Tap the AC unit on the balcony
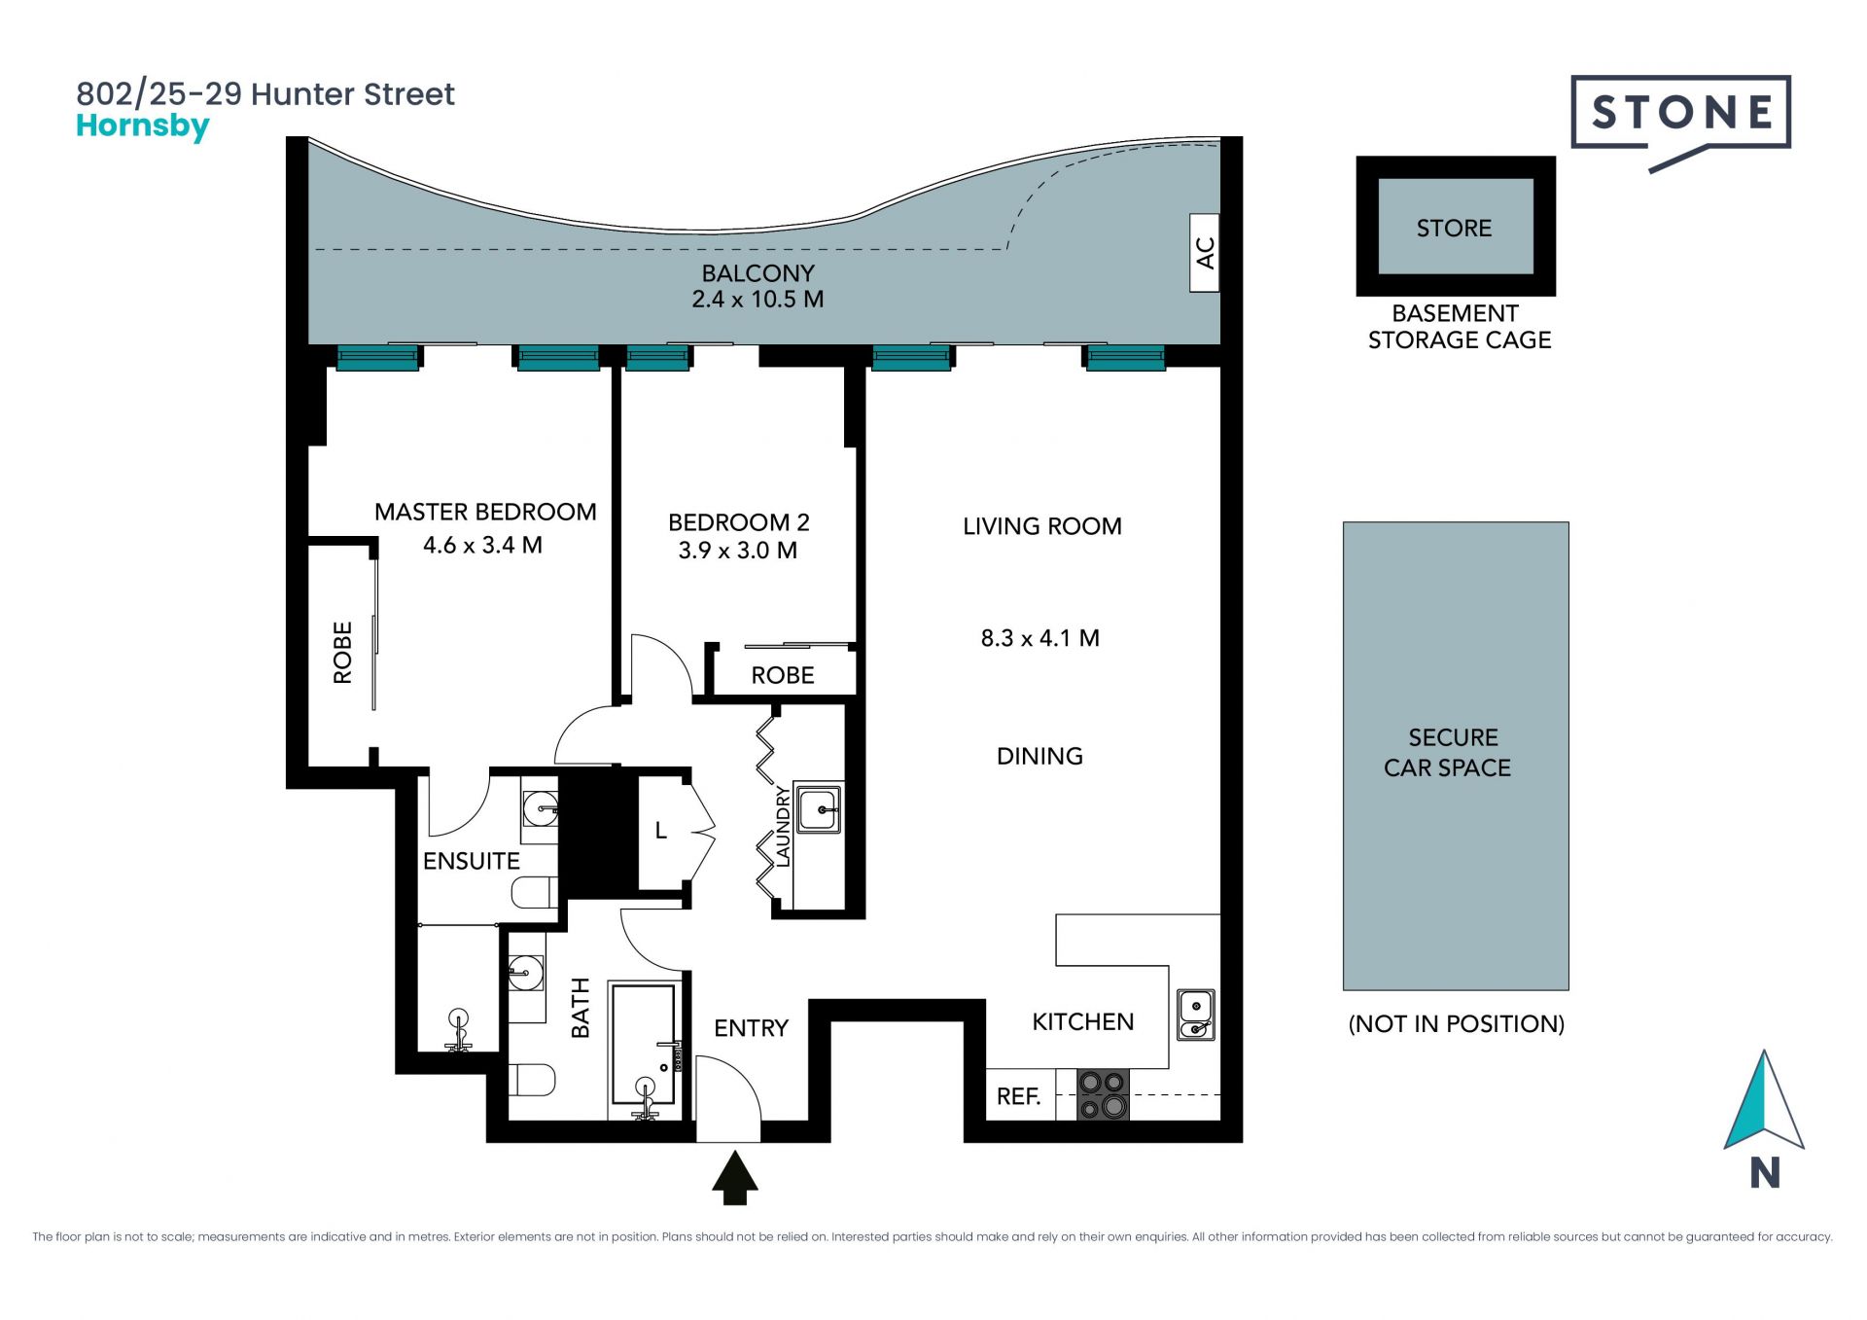coord(1205,253)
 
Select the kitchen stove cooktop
coord(1103,1094)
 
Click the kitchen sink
coord(1196,1015)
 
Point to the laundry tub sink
coord(819,808)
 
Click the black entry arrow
coord(735,1178)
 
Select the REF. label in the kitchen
coord(1018,1096)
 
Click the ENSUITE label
coord(471,861)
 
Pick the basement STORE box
coord(1456,226)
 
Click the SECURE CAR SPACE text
coord(1448,752)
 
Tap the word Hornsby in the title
coord(143,126)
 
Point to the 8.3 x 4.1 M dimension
coord(1039,638)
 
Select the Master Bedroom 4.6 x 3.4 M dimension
coord(482,545)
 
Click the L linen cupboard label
coord(661,830)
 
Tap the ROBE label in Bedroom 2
coord(783,675)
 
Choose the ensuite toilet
coord(534,892)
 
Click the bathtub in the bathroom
coord(644,1051)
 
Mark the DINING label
coord(1039,756)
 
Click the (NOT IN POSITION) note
coord(1456,1023)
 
